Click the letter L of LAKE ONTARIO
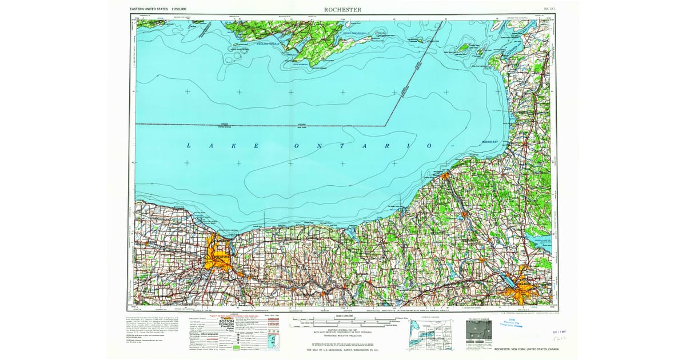point(189,146)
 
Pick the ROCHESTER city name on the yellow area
point(221,258)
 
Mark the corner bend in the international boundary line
point(386,125)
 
